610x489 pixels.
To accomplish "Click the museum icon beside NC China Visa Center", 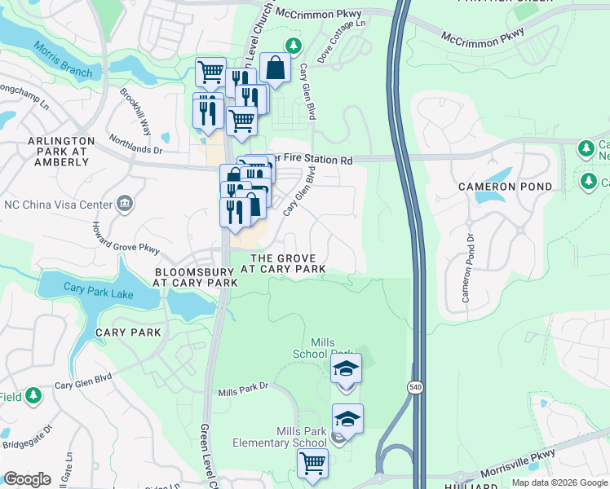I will [x=125, y=203].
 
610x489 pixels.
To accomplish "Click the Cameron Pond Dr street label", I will [x=468, y=269].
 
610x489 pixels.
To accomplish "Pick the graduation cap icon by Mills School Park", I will [x=347, y=368].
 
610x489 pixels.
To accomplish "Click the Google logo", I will [x=27, y=479].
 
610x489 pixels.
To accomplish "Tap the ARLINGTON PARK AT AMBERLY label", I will [x=61, y=152].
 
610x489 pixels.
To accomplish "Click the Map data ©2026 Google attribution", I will [x=559, y=482].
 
